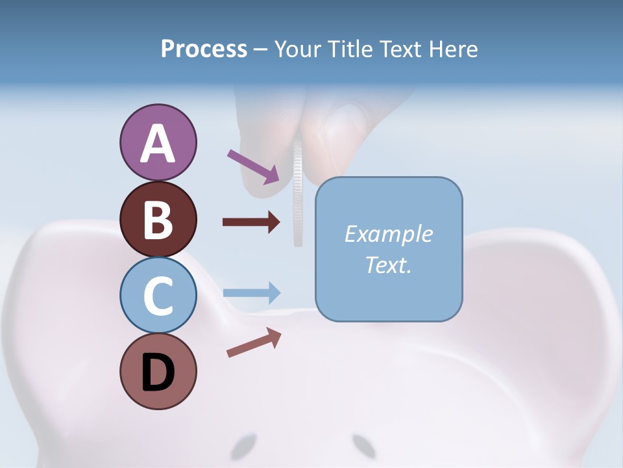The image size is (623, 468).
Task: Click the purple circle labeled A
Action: pyautogui.click(x=158, y=142)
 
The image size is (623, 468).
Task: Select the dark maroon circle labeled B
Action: pyautogui.click(x=158, y=219)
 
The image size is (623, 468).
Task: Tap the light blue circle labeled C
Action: pyautogui.click(x=158, y=295)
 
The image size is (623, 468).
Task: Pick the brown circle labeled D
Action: pyautogui.click(x=158, y=371)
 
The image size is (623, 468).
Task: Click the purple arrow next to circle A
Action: pyautogui.click(x=253, y=166)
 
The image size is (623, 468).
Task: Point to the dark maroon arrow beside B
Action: pyautogui.click(x=251, y=222)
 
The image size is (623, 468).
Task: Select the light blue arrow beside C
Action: pyautogui.click(x=251, y=292)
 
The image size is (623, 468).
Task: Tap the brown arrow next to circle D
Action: pyautogui.click(x=254, y=343)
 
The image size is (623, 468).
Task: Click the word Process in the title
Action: pyautogui.click(x=204, y=49)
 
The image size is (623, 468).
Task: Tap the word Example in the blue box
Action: pyautogui.click(x=388, y=234)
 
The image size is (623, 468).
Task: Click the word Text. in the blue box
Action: pyautogui.click(x=388, y=265)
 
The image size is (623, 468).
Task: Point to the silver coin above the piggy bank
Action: pyautogui.click(x=298, y=195)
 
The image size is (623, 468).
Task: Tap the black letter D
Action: pyautogui.click(x=158, y=372)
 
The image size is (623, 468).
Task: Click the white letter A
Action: pyautogui.click(x=158, y=144)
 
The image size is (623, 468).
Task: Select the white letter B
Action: pyautogui.click(x=158, y=220)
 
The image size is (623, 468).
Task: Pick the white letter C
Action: pyautogui.click(x=158, y=296)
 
